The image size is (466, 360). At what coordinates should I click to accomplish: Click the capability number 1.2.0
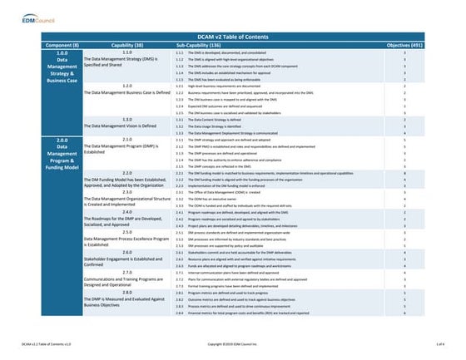pos(127,86)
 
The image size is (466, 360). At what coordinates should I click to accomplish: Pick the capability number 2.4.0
pos(127,212)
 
